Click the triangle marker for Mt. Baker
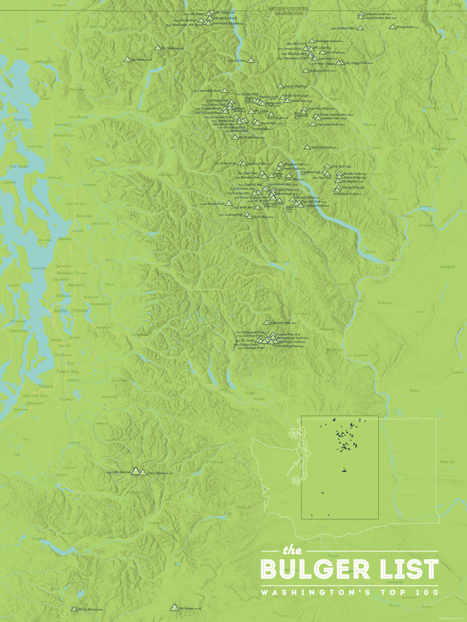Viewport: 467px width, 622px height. [x=127, y=60]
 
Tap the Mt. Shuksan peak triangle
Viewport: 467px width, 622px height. [x=157, y=48]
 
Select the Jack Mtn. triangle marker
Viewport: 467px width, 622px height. [x=251, y=61]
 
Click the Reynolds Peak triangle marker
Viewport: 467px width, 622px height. [x=307, y=147]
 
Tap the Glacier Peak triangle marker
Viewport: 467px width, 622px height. [x=228, y=204]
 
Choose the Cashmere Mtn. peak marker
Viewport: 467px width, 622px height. [x=267, y=322]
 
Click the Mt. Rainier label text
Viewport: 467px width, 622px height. [x=122, y=472]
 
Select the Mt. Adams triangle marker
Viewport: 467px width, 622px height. [x=174, y=607]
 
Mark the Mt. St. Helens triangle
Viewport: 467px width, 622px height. [x=74, y=609]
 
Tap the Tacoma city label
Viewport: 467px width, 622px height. [x=45, y=386]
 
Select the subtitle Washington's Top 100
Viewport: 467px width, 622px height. [x=349, y=592]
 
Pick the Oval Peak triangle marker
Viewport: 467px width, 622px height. [x=327, y=167]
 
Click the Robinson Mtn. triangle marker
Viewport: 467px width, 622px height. [x=306, y=70]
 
